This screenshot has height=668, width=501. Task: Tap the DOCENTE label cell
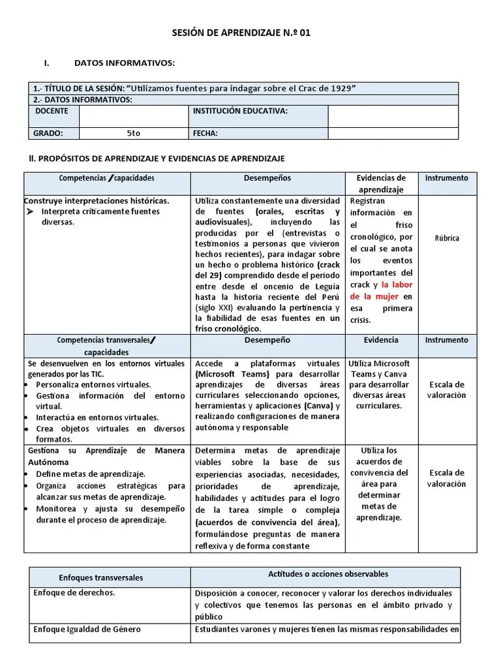click(x=52, y=112)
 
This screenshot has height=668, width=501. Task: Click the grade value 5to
click(x=133, y=133)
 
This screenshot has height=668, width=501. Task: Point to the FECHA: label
click(x=205, y=133)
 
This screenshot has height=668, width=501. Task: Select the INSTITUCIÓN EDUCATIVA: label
click(x=240, y=112)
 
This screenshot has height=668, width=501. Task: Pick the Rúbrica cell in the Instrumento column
click(x=447, y=238)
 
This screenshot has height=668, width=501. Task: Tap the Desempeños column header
click(x=267, y=178)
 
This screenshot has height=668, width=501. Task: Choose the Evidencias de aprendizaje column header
click(x=381, y=183)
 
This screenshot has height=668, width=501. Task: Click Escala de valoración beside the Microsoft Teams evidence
click(x=447, y=389)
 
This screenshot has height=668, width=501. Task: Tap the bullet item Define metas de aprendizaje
click(x=91, y=474)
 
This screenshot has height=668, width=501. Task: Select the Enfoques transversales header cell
click(x=100, y=578)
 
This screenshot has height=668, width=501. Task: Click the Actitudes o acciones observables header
click(x=328, y=574)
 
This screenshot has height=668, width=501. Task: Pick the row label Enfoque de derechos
click(x=74, y=593)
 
